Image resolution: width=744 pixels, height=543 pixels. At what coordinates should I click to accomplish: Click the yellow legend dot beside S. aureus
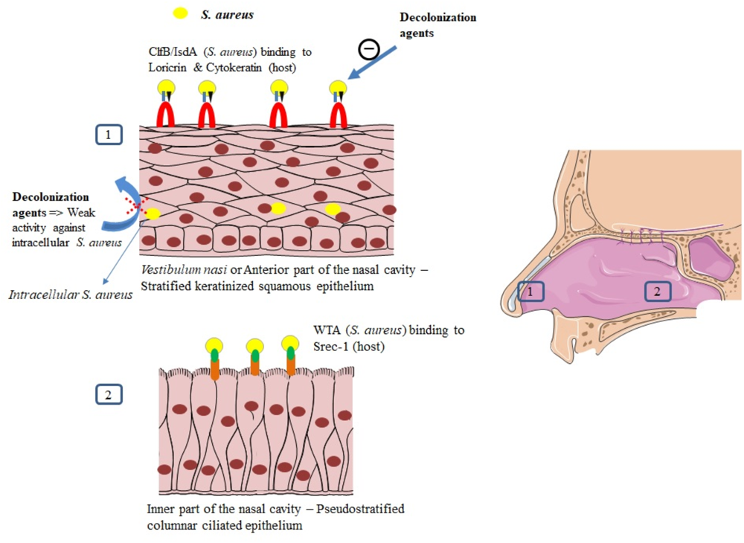click(180, 13)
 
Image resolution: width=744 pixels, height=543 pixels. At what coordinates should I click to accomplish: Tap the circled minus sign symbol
click(369, 49)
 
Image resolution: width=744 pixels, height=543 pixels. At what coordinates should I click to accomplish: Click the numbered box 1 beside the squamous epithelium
click(109, 135)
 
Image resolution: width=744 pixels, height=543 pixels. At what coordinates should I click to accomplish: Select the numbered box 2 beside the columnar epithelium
click(109, 394)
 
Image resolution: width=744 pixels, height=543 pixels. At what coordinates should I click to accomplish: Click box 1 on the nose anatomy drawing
click(529, 292)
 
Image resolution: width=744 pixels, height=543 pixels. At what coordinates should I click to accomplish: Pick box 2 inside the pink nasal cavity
click(657, 292)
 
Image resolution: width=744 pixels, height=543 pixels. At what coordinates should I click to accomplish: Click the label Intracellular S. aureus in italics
click(71, 295)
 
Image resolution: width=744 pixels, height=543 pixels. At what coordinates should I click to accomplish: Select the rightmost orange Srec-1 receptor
click(289, 365)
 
